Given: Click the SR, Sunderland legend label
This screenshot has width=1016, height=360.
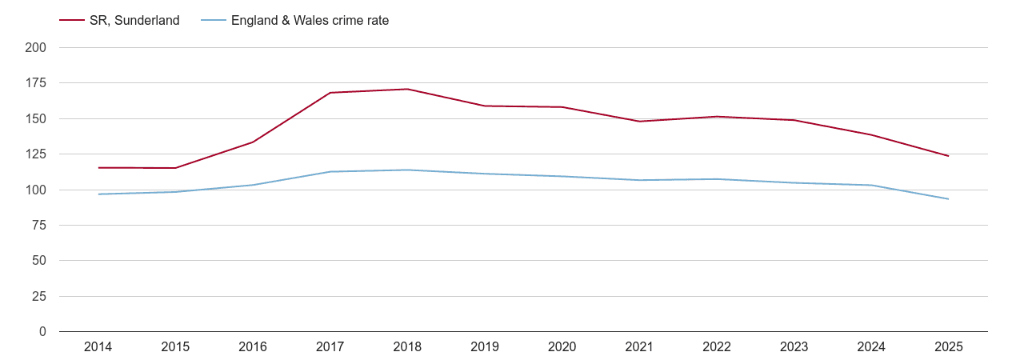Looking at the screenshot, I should [x=134, y=21].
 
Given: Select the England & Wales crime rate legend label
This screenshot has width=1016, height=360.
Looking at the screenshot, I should [x=310, y=21].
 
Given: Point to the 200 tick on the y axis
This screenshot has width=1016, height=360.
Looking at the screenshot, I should [x=36, y=48].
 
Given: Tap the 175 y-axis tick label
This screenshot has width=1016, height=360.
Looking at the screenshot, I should [x=36, y=83].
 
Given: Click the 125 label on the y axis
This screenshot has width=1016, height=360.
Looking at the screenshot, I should [x=36, y=154].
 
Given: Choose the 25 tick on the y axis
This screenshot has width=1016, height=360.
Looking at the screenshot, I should [x=39, y=297].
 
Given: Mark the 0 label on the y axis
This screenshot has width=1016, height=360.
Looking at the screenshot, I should [x=42, y=332].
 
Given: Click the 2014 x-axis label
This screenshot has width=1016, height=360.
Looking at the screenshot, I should [x=98, y=347].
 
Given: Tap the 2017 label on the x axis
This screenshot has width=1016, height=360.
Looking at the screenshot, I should [x=330, y=347].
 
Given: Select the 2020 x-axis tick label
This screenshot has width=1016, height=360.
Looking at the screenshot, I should [x=562, y=347].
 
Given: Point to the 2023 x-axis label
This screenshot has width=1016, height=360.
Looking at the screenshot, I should [x=794, y=347].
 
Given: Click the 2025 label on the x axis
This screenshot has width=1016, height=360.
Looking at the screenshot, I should [x=948, y=347].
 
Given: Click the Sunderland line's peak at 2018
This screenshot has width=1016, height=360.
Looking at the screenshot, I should [x=407, y=89].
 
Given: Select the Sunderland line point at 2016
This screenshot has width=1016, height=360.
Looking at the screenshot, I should [x=253, y=142].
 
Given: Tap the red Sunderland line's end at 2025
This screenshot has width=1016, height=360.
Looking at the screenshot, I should [x=948, y=156].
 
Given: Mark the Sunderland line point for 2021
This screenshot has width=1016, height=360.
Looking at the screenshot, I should [x=639, y=122].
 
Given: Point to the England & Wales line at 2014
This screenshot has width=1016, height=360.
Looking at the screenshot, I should [x=98, y=194].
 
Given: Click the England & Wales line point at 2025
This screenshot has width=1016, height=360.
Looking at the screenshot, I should [x=948, y=199].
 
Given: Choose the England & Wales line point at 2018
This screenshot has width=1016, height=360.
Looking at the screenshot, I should [x=407, y=170].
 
